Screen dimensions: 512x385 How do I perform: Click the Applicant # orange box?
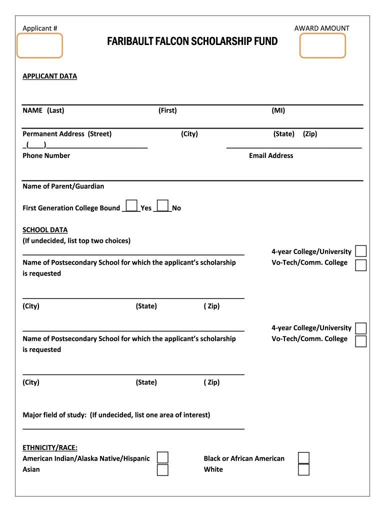coord(40,45)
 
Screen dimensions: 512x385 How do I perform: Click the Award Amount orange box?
coord(322,45)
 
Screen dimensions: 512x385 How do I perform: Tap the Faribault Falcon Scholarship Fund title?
coord(192,41)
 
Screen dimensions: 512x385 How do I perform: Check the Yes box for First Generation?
coord(132,205)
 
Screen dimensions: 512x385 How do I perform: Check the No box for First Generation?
coord(162,205)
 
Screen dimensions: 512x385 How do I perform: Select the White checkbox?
coord(303,469)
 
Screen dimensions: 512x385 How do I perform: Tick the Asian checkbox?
coord(162,469)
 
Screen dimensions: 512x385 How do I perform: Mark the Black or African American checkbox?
coord(303,458)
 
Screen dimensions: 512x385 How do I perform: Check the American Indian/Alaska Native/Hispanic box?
coord(162,458)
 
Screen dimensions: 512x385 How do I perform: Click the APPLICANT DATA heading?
coord(50,76)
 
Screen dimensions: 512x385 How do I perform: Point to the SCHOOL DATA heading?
coord(45,230)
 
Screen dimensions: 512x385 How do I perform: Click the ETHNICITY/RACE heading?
coord(50,447)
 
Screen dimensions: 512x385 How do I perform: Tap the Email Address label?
coord(271,155)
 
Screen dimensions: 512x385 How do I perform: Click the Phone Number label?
coord(46,155)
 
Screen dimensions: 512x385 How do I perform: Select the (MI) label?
coord(278,110)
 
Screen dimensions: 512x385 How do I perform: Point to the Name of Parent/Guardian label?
coord(63,186)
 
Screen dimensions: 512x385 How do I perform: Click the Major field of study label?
coord(116,415)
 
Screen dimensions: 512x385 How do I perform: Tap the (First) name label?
coord(167,110)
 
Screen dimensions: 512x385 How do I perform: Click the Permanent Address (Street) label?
coord(67,134)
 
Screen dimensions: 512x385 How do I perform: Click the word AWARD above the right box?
coord(306,28)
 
